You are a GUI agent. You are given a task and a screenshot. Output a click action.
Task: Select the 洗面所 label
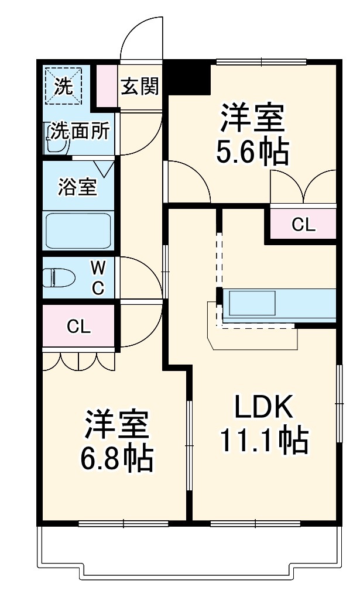point(78,131)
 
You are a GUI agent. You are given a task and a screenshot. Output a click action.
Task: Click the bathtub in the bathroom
point(78,231)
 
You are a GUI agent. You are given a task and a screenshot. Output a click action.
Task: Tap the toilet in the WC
point(57,277)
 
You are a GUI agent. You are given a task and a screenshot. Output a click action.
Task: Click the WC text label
point(98,278)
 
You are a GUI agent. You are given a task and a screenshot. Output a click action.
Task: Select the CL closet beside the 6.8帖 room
point(78,327)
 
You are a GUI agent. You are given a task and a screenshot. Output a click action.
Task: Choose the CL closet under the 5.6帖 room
point(303,225)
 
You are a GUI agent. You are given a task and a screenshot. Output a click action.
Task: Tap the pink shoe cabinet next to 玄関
point(107,87)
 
